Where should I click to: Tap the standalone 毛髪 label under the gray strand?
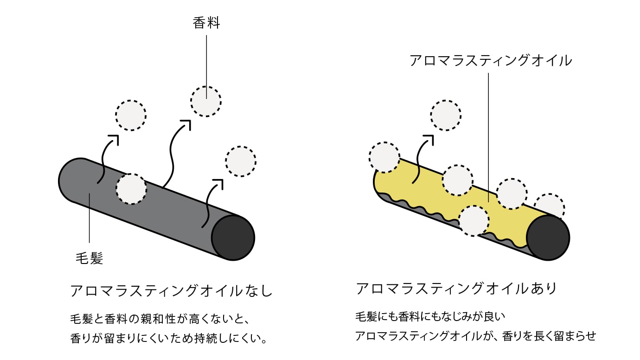point(89,258)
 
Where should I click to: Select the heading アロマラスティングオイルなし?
point(171,291)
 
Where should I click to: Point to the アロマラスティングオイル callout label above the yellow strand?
point(491,60)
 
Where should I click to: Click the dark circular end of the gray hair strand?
point(233,238)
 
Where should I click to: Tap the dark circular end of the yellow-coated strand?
point(548,238)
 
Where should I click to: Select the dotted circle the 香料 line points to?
point(206,101)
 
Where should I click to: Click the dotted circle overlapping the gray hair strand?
point(131,189)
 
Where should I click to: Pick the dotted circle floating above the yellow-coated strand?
point(446,115)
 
